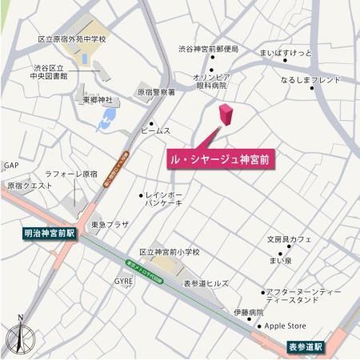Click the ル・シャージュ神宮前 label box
pos(221,159)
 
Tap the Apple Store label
pos(286,326)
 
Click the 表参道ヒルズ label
pos(206,283)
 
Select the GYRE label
pos(123,282)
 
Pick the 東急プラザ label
pos(110,225)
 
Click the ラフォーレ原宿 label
pos(70,174)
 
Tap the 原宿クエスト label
pos(29,186)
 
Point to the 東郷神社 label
pos(98,100)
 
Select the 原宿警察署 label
pos(156,92)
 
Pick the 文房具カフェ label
pos(289,238)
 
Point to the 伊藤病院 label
pos(249,312)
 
